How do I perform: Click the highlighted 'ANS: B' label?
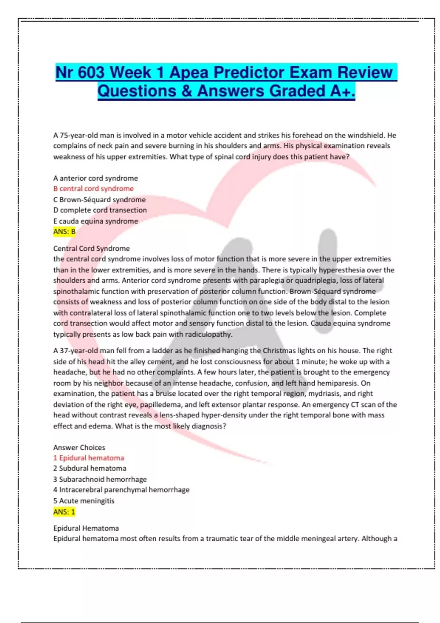coord(64,232)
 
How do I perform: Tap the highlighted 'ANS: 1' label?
coord(64,512)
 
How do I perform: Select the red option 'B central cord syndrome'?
coord(93,189)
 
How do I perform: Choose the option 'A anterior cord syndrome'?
coord(96,178)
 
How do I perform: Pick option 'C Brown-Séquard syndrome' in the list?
coord(99,200)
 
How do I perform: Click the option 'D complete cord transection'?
coord(100,210)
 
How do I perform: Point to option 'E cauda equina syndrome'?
coord(96,221)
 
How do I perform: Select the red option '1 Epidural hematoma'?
coord(89,458)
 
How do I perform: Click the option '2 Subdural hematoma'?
coord(90,468)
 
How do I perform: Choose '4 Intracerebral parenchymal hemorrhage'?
coord(121,490)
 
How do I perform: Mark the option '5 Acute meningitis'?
coord(84,501)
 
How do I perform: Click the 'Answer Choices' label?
coord(79,447)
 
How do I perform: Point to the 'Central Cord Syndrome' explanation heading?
coord(92,248)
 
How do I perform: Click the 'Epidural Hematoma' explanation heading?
coord(86,528)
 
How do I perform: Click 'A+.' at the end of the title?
coord(342,91)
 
